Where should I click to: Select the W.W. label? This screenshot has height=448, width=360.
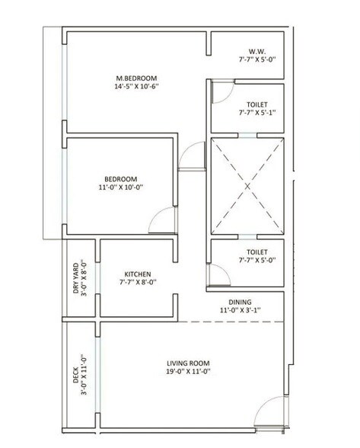coord(250,51)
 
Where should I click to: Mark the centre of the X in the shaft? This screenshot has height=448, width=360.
coord(247,186)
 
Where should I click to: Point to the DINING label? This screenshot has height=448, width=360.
coord(241,301)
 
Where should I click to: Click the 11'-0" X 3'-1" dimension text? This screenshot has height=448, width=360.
coord(241,310)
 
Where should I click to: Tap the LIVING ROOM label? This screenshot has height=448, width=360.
coord(188,363)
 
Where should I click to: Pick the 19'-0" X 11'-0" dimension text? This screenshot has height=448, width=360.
coord(188,373)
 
